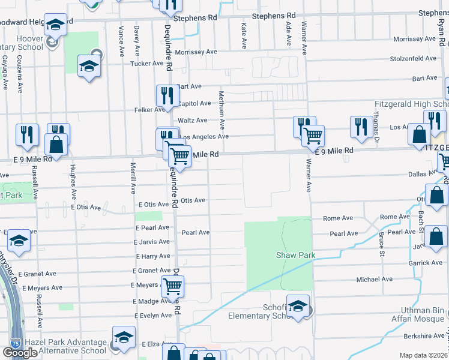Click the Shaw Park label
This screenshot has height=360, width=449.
coord(295,255)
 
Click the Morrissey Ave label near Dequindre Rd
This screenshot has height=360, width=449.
coord(196,52)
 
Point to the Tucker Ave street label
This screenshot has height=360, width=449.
coord(146,63)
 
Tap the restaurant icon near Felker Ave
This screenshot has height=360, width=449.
coord(167,96)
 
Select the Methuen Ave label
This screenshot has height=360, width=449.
coord(221,110)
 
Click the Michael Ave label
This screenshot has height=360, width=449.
coord(374,279)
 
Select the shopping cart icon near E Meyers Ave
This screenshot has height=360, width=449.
coord(173,287)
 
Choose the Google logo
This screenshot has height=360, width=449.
coord(20,353)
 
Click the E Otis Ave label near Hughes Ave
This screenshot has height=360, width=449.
coord(87,206)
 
